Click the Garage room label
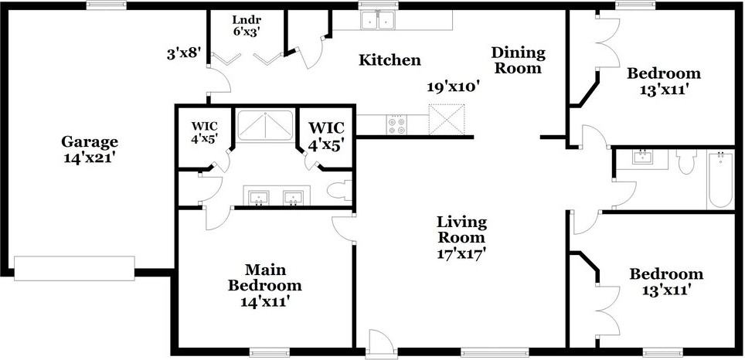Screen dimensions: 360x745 click(90, 142)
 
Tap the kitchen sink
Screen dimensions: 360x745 click(379, 20)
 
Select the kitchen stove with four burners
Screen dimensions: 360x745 click(397, 124)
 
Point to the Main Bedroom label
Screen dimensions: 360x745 click(264, 277)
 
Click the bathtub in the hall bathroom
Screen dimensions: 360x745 click(719, 178)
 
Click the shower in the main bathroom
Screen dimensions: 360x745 click(264, 126)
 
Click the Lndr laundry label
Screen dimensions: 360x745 click(247, 20)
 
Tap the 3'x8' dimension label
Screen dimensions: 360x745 click(184, 54)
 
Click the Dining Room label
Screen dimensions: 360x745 click(518, 60)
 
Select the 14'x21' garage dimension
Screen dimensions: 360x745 click(90, 157)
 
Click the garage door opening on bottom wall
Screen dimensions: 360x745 click(74, 268)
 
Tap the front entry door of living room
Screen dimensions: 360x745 click(380, 343)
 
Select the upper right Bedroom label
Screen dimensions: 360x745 click(663, 74)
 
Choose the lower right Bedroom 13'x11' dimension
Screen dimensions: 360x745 click(665, 290)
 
